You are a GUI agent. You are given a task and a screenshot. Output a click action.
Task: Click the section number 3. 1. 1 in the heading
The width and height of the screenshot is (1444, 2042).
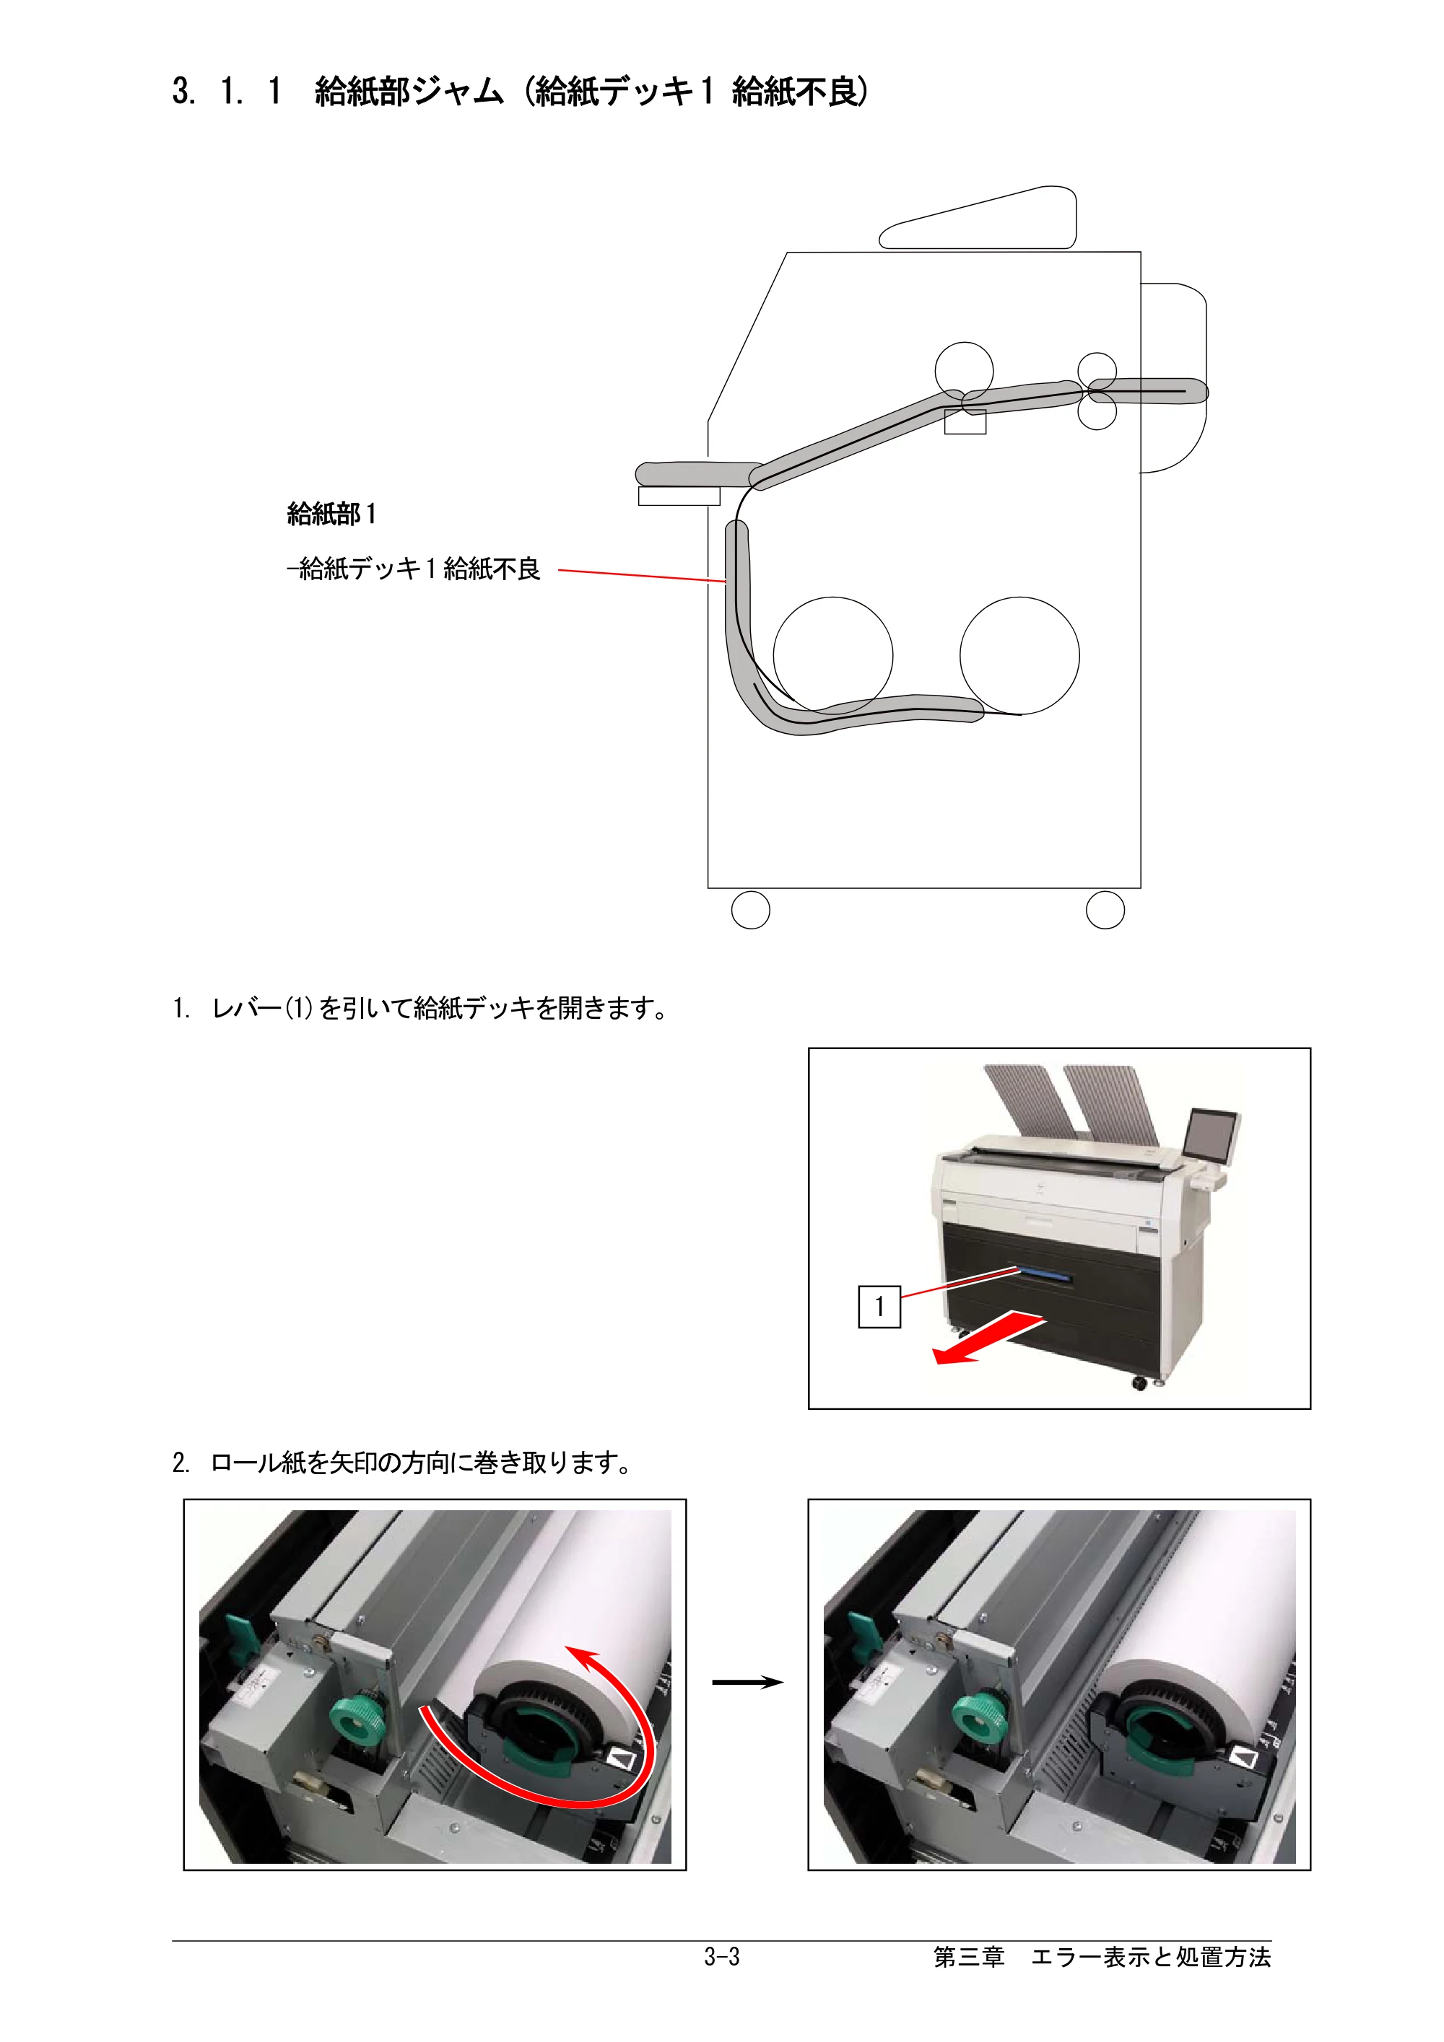(x=227, y=91)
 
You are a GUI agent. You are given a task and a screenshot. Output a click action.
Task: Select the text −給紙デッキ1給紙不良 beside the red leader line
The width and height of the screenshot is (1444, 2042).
(x=414, y=569)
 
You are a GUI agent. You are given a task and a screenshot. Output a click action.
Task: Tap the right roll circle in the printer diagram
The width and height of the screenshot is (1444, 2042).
(x=1019, y=655)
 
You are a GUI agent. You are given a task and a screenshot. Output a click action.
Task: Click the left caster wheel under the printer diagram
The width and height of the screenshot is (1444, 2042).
(x=750, y=910)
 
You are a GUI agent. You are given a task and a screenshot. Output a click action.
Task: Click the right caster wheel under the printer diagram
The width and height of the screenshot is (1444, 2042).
(x=1105, y=910)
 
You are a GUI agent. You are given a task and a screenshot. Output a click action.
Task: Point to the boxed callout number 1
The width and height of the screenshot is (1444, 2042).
(x=879, y=1307)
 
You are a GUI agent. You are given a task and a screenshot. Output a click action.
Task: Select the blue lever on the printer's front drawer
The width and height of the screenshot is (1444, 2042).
(x=1045, y=1276)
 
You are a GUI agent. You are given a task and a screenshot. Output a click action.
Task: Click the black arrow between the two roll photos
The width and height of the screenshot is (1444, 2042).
(x=747, y=1682)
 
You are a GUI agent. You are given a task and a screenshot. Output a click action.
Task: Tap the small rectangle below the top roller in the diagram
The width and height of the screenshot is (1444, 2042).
(x=965, y=421)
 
